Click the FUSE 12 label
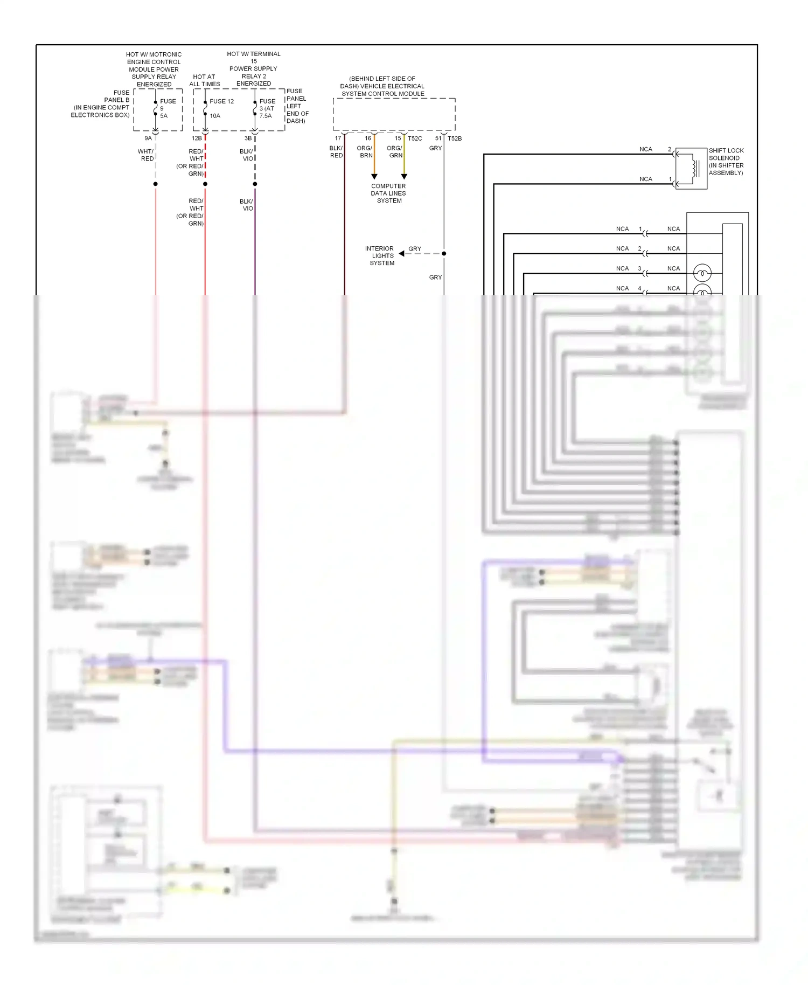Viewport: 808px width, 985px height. click(x=221, y=101)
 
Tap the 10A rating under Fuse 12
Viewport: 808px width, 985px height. click(x=215, y=116)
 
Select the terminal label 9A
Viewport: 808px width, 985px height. click(x=148, y=138)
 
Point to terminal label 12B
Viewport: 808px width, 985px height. click(x=197, y=138)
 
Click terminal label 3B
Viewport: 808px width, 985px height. click(x=248, y=138)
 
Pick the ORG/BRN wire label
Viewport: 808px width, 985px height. click(x=365, y=152)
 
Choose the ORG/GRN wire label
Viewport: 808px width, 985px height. click(x=395, y=152)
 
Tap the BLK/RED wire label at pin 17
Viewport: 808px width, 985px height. click(x=336, y=152)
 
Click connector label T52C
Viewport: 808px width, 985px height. click(x=415, y=138)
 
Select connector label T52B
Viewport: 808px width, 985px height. click(x=455, y=138)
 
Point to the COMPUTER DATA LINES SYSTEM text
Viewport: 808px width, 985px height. click(x=388, y=193)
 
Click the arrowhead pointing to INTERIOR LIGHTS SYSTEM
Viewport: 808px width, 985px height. click(x=402, y=253)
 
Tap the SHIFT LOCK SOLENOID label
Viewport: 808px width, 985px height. click(x=726, y=162)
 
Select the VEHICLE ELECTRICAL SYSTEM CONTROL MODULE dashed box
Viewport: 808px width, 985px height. click(x=394, y=114)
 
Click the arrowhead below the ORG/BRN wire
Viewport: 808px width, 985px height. click(x=374, y=177)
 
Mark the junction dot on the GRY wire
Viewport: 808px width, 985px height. click(x=444, y=253)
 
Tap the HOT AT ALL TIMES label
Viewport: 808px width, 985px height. click(x=204, y=80)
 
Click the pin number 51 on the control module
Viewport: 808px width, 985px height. click(x=438, y=138)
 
